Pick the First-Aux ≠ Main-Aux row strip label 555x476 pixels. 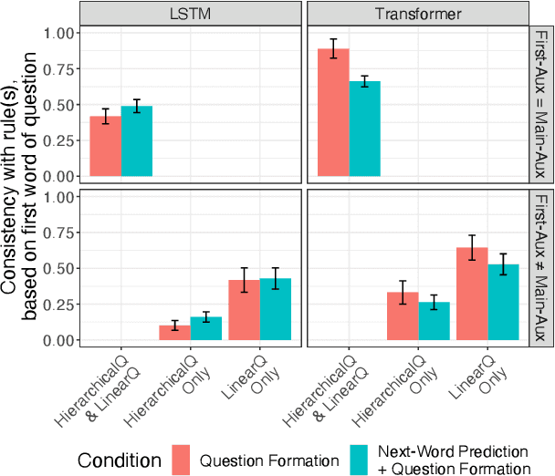[539, 267]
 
